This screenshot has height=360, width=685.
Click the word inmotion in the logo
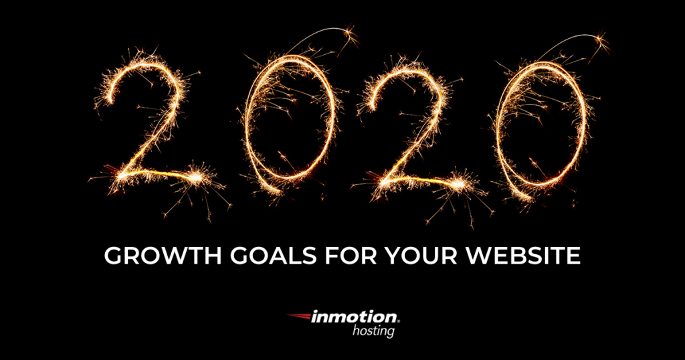353,317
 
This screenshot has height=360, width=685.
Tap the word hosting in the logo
373,331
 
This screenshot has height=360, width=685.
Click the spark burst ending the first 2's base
196,177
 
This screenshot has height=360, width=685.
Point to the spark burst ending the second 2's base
458,185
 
